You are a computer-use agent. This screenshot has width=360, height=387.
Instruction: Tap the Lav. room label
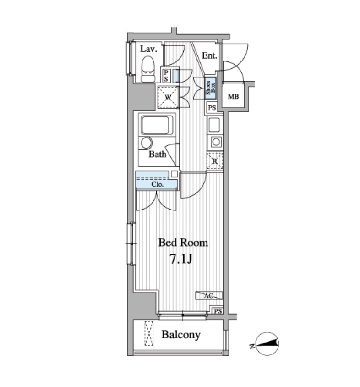pyautogui.click(x=148, y=49)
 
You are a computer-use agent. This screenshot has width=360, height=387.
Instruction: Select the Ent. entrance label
pyautogui.click(x=209, y=55)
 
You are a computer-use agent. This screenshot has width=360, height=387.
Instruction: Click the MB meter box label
pyautogui.click(x=233, y=96)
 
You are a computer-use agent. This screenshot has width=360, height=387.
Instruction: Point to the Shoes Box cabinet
pyautogui.click(x=211, y=88)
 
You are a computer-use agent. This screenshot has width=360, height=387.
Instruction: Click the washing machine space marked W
pyautogui.click(x=168, y=97)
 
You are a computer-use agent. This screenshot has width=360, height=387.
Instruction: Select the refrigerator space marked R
pyautogui.click(x=215, y=161)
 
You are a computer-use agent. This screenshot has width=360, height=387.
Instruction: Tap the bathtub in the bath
pyautogui.click(x=157, y=125)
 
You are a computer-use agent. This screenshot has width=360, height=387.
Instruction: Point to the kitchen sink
pyautogui.click(x=214, y=125)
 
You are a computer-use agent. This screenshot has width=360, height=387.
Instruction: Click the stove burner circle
pyautogui.click(x=216, y=142)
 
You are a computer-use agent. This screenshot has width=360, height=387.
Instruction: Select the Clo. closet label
pyautogui.click(x=157, y=184)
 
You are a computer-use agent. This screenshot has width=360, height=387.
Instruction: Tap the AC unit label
pyautogui.click(x=208, y=296)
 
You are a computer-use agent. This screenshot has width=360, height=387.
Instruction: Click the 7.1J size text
pyautogui.click(x=181, y=259)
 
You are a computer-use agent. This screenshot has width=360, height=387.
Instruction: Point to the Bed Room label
pyautogui.click(x=183, y=243)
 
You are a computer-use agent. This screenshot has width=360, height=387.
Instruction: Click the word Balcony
pyautogui.click(x=181, y=335)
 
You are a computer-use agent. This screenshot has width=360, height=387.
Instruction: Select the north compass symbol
pyautogui.click(x=267, y=343)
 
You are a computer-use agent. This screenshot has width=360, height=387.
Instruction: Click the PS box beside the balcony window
pyautogui.click(x=218, y=311)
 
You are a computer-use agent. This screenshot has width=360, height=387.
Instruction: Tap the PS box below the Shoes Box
pyautogui.click(x=212, y=108)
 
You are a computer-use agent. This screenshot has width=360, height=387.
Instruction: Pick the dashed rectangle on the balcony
pyautogui.click(x=149, y=333)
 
